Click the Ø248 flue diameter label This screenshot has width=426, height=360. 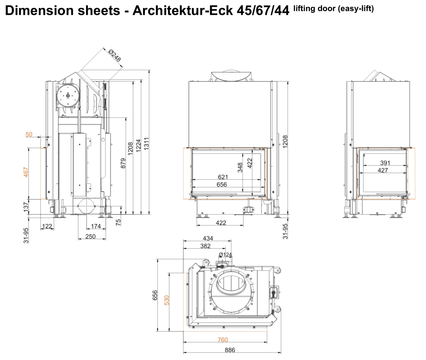click(x=115, y=55)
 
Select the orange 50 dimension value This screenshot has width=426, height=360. click(x=29, y=134)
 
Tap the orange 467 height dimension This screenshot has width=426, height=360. click(x=26, y=172)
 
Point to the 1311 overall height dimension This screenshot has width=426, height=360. click(x=146, y=144)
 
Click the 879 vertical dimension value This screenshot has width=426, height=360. click(x=123, y=163)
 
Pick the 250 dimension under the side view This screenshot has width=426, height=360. click(x=90, y=236)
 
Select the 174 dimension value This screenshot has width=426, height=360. click(x=96, y=226)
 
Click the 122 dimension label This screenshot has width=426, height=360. click(x=47, y=226)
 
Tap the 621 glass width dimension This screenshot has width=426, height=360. click(x=223, y=177)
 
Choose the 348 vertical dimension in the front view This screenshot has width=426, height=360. click(x=240, y=168)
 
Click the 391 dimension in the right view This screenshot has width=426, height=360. click(x=385, y=163)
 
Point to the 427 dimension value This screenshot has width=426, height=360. click(x=383, y=170)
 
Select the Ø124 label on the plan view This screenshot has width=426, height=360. click(x=225, y=255)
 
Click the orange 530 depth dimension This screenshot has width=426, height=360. click(x=167, y=300)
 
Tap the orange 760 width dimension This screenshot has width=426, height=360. click(x=223, y=340)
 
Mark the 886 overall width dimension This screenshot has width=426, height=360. click(x=230, y=350)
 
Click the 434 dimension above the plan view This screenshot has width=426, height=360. click(x=208, y=238)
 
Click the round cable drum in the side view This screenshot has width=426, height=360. click(x=68, y=96)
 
